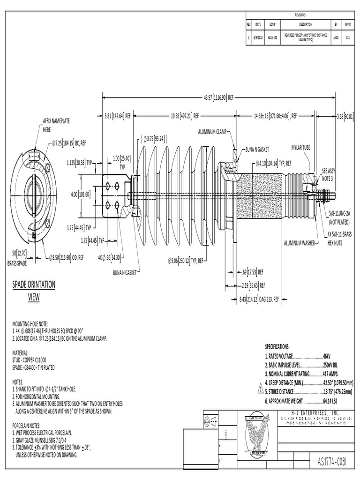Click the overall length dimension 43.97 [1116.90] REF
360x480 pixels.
(x=218, y=97)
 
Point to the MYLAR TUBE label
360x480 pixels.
(x=301, y=146)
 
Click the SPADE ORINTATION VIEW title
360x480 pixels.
(x=33, y=290)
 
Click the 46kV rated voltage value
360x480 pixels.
(x=327, y=357)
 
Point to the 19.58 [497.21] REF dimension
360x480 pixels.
(x=185, y=115)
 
